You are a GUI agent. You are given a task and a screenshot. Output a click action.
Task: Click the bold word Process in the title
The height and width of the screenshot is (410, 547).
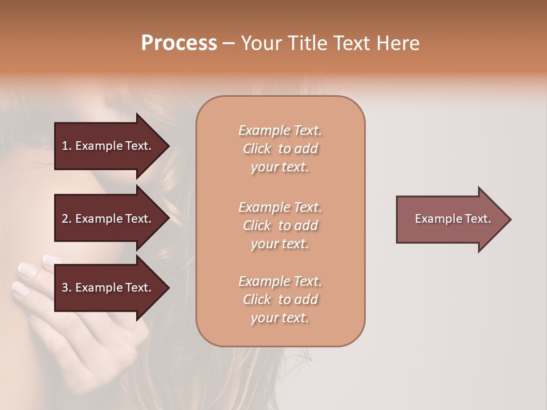179,43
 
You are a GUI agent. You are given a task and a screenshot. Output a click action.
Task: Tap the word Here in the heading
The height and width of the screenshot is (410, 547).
398,43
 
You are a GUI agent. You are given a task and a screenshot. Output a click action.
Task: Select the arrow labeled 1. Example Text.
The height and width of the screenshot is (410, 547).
108,146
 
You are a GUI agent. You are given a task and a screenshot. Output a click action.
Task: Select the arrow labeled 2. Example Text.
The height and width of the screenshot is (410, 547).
108,219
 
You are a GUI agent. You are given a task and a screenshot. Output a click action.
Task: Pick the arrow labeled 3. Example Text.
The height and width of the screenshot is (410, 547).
108,288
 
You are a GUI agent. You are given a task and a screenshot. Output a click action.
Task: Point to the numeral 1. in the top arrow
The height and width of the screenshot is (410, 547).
67,146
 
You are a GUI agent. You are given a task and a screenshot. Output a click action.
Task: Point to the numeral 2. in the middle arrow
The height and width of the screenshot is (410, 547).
67,219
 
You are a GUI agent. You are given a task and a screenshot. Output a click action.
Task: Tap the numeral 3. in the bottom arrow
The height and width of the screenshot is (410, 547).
67,288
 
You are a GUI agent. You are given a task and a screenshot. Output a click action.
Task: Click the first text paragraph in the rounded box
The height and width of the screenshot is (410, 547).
280,149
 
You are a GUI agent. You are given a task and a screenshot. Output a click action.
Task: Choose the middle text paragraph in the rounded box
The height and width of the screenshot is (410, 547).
280,225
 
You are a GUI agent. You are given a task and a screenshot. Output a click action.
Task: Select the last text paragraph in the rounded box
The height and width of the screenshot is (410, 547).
280,300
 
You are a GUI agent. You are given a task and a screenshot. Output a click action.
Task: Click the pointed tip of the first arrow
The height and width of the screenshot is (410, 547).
168,146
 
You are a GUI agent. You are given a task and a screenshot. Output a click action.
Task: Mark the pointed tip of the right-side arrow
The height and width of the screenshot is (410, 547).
510,219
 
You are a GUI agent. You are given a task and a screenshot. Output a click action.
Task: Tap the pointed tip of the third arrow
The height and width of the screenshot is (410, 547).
168,288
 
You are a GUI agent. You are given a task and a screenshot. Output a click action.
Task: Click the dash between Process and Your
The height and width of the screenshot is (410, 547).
229,43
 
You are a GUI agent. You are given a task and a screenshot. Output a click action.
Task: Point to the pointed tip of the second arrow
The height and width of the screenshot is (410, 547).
168,219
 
